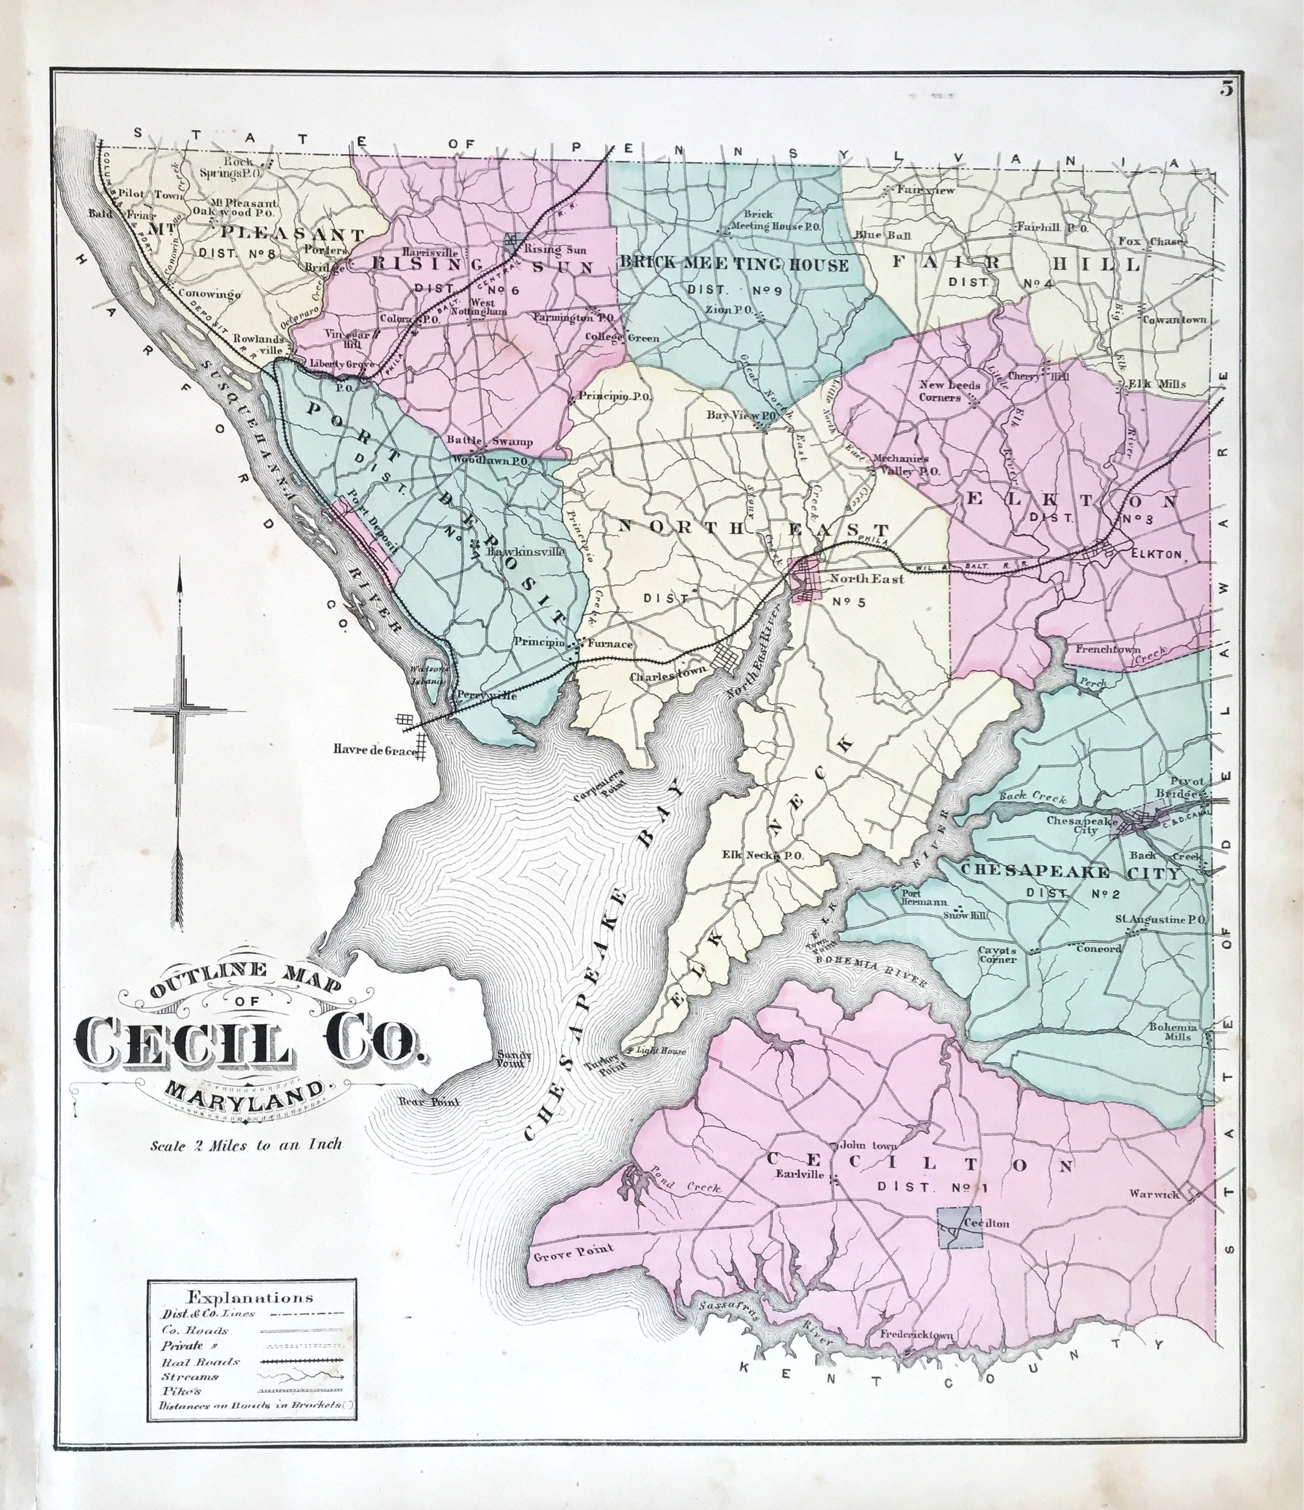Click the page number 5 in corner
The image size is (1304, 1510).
point(1227,89)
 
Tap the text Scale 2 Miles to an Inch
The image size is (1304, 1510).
point(246,1144)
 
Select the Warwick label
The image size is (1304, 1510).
point(1154,1194)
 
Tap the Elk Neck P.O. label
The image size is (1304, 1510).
point(762,856)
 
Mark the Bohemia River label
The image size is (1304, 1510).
point(871,971)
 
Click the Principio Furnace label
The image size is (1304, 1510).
point(573,643)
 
